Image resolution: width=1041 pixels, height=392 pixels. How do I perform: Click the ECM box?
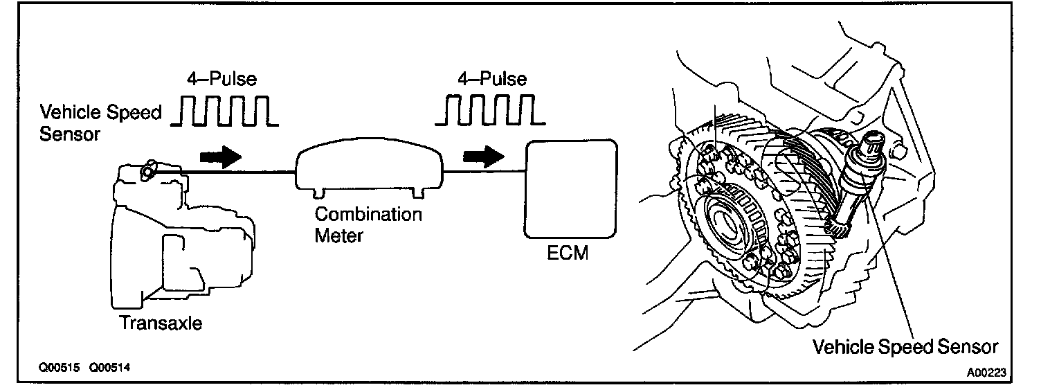coord(572,188)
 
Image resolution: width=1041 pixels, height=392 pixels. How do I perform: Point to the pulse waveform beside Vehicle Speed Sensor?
coord(224,112)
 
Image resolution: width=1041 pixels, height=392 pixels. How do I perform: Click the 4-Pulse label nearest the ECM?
coord(492,78)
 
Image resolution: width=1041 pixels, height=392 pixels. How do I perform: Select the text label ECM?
coord(567,253)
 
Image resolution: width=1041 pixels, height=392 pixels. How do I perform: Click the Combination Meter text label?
coord(368,224)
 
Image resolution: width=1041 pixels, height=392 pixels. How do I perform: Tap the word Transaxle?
coord(161,323)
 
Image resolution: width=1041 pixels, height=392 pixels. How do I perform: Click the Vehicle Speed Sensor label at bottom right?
coord(905,346)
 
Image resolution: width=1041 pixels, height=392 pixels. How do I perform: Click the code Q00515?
coord(60,368)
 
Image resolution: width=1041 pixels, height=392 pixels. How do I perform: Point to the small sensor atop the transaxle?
coord(147,170)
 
